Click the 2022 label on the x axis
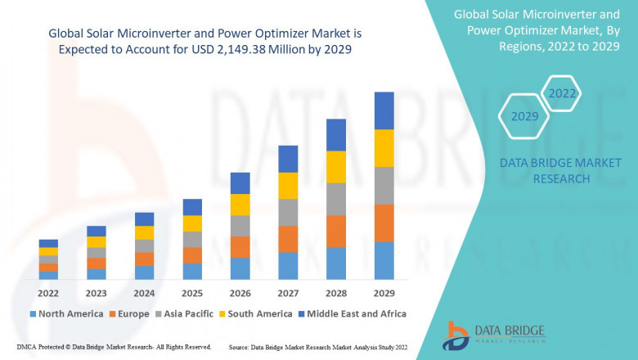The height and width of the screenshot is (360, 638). coord(48,292)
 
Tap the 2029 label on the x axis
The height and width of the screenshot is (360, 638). coord(384,292)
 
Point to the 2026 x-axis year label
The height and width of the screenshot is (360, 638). coord(240,292)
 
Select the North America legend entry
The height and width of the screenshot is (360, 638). coord(66,313)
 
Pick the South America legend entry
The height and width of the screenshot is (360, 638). coord(257,313)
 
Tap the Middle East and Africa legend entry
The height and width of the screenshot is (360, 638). coord(352,313)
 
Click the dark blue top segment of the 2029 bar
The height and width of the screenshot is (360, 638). coord(384,110)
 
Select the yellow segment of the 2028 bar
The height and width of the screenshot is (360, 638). coord(335,167)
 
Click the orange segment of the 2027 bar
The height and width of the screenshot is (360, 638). coord(288,239)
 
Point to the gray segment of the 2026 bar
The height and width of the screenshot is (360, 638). coord(240,226)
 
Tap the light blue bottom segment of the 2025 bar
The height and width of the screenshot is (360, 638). coord(192,271)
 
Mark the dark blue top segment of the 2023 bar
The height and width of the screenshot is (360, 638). coord(97,231)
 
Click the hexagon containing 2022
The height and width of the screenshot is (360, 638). coord(562,93)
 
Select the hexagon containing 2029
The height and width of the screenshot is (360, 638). coord(524,117)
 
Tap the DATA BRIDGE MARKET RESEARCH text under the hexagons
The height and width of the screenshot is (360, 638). coord(544,171)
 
